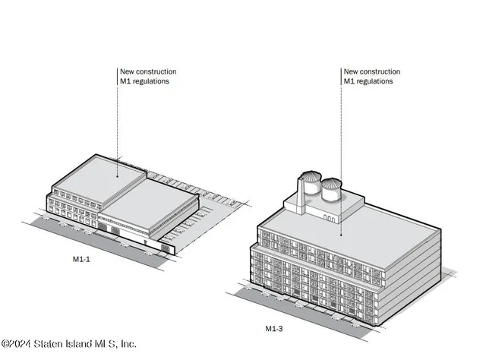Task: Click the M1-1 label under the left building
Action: pos(73,259)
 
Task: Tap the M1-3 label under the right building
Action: pos(275,328)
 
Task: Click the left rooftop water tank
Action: pos(311,185)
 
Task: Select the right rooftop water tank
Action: pos(332,190)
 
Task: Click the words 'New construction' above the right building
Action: pos(372,71)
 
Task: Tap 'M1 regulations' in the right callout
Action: pos(368,81)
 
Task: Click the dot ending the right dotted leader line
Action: pos(343,233)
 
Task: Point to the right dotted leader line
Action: pos(343,152)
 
